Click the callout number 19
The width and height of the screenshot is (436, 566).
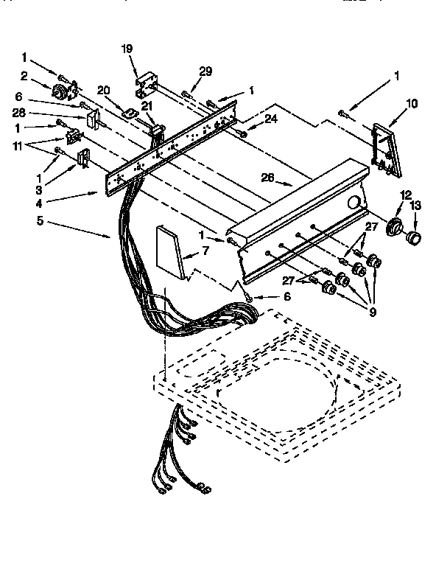127,49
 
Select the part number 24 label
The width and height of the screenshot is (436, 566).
251,117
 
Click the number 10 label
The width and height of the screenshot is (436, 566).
411,104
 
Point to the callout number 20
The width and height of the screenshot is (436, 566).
104,89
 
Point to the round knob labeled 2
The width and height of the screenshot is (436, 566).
60,91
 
